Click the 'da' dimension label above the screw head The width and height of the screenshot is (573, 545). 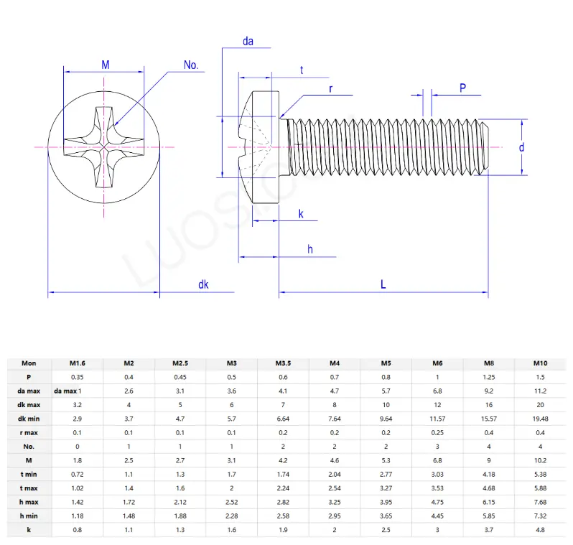click(248, 42)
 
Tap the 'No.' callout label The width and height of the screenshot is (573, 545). click(191, 65)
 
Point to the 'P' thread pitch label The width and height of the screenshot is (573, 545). click(463, 88)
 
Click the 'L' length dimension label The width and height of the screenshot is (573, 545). click(383, 284)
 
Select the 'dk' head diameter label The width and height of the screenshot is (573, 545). click(204, 285)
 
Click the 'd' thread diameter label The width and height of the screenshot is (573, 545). click(522, 147)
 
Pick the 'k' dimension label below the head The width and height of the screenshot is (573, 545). click(301, 214)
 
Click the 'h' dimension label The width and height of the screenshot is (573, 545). click(310, 249)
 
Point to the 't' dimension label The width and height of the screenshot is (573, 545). click(302, 70)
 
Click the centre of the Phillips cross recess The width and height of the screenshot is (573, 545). click(105, 146)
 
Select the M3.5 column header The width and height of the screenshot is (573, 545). click(283, 363)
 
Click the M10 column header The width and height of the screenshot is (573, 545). click(541, 363)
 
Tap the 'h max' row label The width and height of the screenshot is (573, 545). click(29, 502)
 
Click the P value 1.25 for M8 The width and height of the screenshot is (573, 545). click(489, 377)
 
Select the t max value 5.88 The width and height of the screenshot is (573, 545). click(541, 488)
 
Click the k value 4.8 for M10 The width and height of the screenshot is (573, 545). click(541, 530)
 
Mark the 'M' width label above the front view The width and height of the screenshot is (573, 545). click(105, 65)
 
